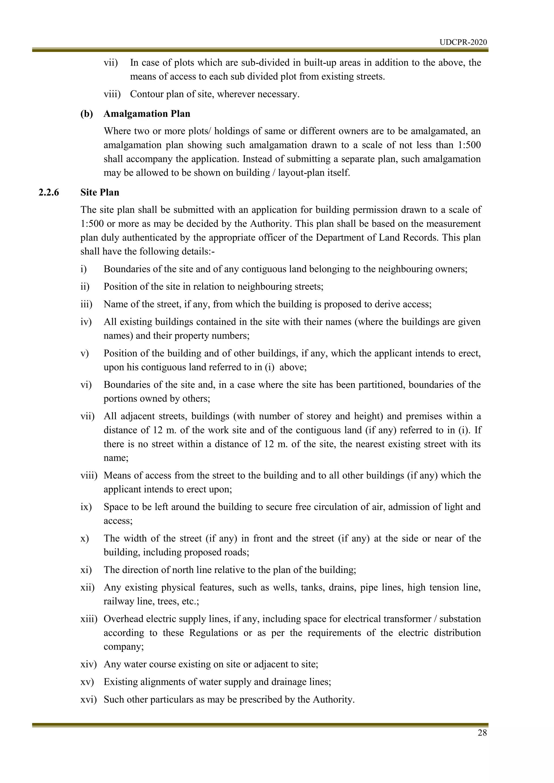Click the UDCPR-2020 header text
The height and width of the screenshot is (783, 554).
(463, 42)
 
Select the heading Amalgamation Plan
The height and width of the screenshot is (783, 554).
(147, 114)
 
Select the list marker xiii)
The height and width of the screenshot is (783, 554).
(89, 619)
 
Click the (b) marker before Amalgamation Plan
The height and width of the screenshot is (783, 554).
(87, 114)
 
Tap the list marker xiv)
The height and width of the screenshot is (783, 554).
(88, 664)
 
